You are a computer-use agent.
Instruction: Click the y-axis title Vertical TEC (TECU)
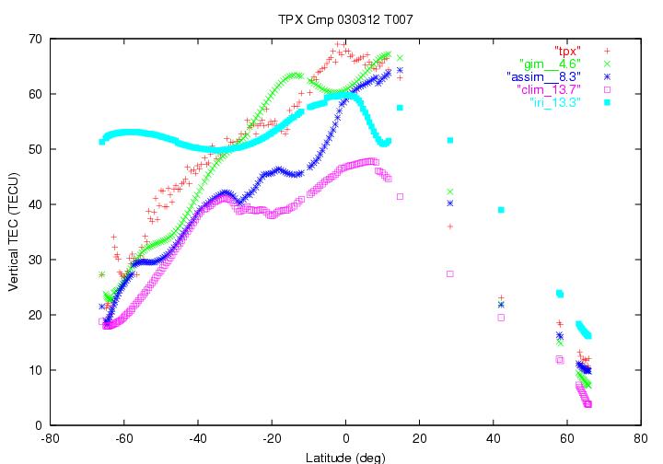point(15,232)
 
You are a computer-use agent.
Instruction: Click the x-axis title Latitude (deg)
point(345,457)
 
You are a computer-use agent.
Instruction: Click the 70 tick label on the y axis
point(36,40)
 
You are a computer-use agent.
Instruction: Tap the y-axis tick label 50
point(36,149)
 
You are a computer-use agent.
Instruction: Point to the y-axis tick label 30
point(36,260)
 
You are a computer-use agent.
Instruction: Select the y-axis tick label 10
point(36,370)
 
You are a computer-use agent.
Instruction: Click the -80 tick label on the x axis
point(51,439)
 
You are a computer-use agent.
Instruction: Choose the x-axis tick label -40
point(198,439)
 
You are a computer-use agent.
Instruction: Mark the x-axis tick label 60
point(566,439)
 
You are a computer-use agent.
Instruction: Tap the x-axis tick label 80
point(640,439)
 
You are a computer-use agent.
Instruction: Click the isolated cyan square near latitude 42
point(500,210)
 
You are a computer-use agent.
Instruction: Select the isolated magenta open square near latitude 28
point(449,273)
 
